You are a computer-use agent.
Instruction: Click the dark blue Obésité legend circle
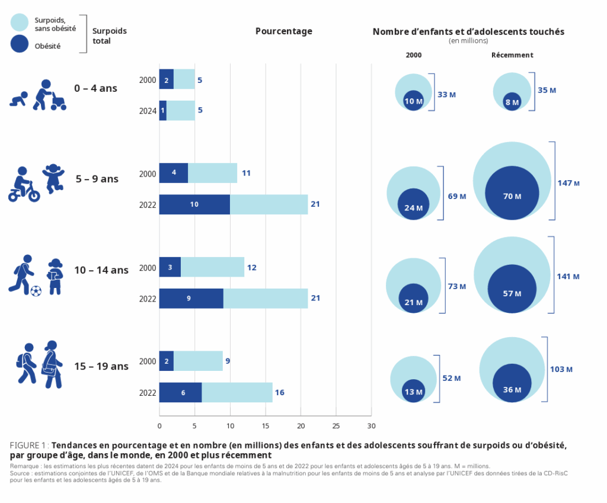point(20,44)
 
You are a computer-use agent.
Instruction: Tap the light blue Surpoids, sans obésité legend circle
point(20,23)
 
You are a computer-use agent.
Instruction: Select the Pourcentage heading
point(283,31)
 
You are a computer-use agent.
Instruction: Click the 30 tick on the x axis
point(372,425)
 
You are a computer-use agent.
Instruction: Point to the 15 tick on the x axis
point(266,425)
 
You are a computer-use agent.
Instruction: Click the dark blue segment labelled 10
point(194,204)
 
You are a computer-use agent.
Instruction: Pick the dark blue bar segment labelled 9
point(191,299)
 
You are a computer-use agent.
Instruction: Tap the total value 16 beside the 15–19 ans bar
point(280,392)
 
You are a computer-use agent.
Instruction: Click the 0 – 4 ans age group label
point(95,88)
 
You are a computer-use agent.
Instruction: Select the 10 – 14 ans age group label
point(101,270)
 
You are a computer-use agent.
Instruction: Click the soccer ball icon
point(36,291)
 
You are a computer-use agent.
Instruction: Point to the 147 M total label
point(568,182)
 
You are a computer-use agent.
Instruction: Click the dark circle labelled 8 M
point(512,101)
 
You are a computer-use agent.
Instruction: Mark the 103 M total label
point(561,369)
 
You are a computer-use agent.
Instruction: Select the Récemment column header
point(512,55)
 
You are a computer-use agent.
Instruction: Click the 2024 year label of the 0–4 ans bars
point(148,111)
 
